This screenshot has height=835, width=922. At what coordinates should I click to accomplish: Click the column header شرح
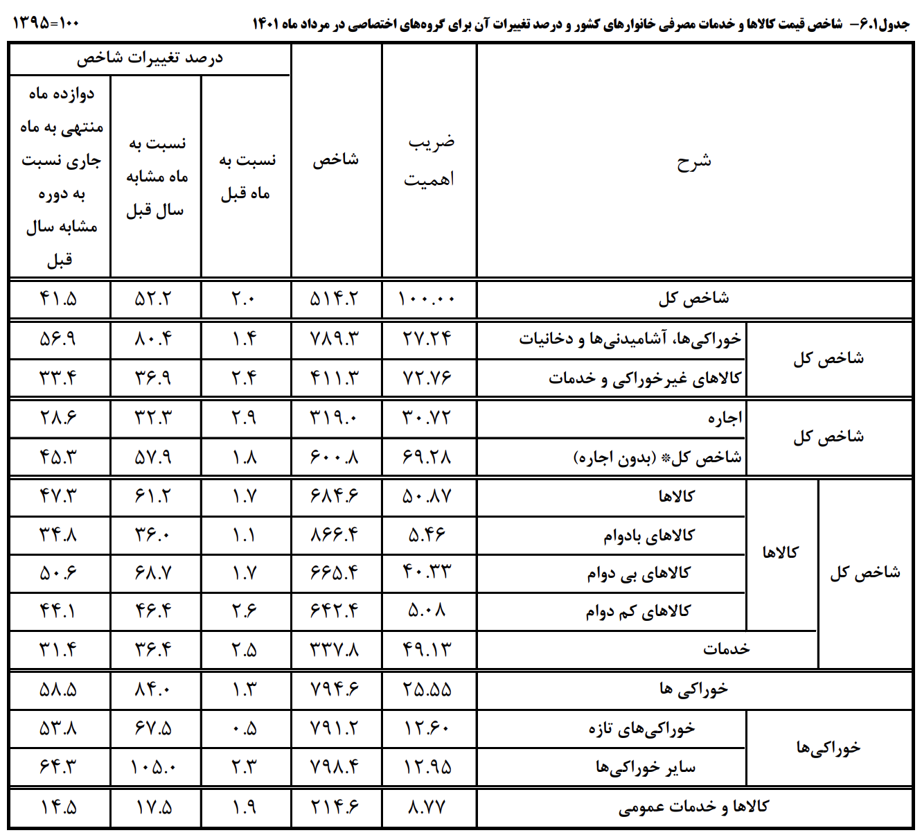[x=693, y=161]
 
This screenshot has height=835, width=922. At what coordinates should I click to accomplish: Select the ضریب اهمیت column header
[x=429, y=161]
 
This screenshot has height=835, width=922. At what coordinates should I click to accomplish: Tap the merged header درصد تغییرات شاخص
[x=150, y=59]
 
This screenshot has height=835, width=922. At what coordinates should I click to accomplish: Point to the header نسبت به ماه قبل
[x=246, y=177]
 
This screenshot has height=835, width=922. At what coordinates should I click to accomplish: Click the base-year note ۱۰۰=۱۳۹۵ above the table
[x=46, y=23]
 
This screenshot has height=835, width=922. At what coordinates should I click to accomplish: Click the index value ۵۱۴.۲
[x=335, y=299]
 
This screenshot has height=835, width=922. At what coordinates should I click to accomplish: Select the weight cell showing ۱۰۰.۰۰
[x=427, y=299]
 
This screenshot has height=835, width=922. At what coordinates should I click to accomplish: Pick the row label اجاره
[x=725, y=418]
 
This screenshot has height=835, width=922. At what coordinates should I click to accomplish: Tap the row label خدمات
[x=726, y=649]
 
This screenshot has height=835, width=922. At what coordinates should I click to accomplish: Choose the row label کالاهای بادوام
[x=648, y=536]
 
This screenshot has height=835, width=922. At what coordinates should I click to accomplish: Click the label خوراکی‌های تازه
[x=641, y=729]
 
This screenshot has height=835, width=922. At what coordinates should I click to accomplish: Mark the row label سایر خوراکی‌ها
[x=646, y=768]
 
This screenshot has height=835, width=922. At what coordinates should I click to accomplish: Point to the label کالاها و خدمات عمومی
[x=693, y=807]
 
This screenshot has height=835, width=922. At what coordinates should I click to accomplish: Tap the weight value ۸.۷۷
[x=427, y=807]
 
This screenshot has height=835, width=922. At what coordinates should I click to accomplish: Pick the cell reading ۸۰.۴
[x=154, y=339]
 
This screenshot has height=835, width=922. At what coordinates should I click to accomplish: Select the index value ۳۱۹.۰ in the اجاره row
[x=335, y=418]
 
